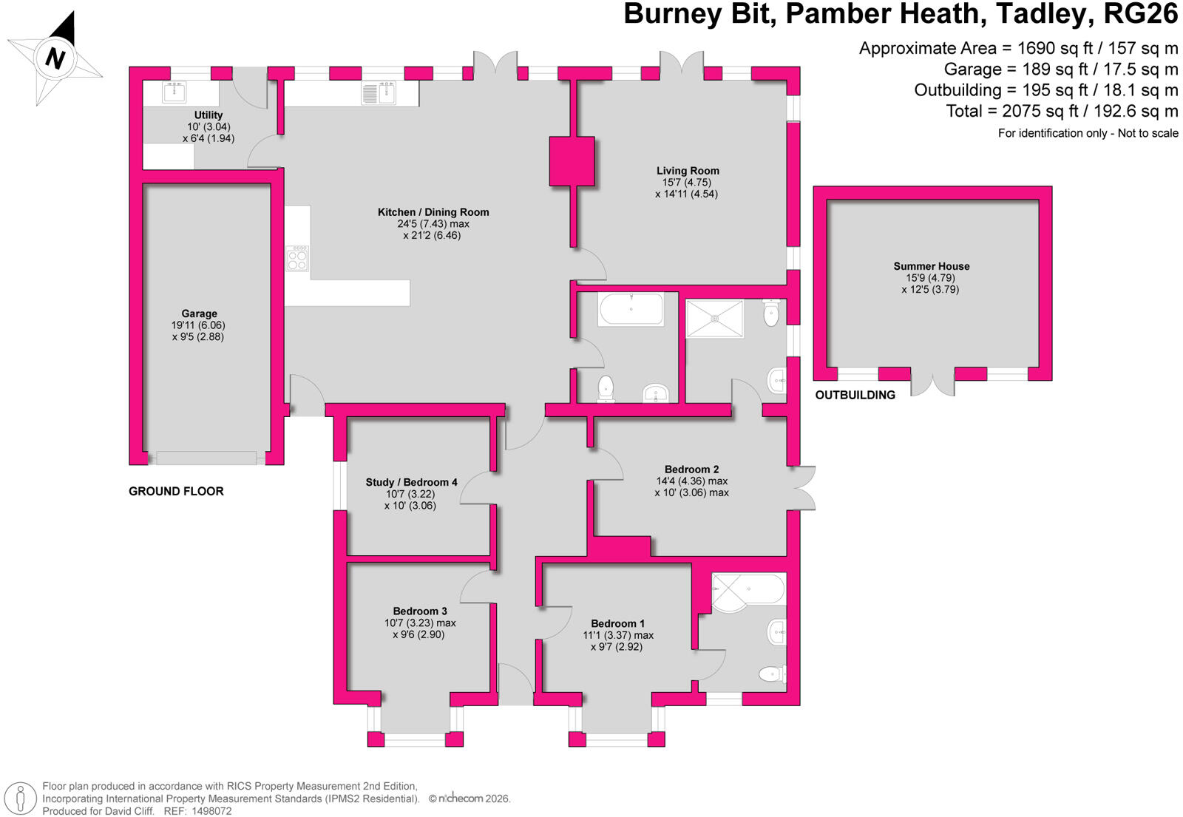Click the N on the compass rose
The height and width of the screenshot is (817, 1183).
pyautogui.click(x=55, y=58)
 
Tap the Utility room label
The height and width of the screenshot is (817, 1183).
pyautogui.click(x=208, y=115)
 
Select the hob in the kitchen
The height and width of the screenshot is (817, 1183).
pyautogui.click(x=297, y=258)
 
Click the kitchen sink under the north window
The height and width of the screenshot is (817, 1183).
pyautogui.click(x=379, y=93)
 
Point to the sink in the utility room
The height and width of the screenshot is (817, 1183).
pyautogui.click(x=174, y=92)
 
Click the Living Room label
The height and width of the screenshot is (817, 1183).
pyautogui.click(x=688, y=171)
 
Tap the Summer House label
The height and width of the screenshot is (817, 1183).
pyautogui.click(x=931, y=266)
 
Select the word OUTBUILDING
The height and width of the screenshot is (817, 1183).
pyautogui.click(x=855, y=395)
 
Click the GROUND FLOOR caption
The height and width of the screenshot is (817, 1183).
pyautogui.click(x=176, y=491)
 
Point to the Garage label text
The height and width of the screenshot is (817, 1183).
pyautogui.click(x=199, y=313)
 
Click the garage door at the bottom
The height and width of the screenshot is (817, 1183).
pyautogui.click(x=206, y=458)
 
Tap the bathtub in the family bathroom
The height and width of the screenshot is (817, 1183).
pyautogui.click(x=631, y=309)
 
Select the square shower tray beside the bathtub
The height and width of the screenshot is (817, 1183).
pyautogui.click(x=714, y=318)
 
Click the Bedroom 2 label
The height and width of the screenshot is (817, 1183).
pyautogui.click(x=691, y=469)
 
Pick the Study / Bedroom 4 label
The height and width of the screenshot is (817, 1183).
pyautogui.click(x=411, y=482)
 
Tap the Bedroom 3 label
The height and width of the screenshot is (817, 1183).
pyautogui.click(x=420, y=611)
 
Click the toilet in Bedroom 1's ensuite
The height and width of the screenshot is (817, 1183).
pyautogui.click(x=773, y=674)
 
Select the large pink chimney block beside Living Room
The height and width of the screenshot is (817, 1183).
pyautogui.click(x=572, y=162)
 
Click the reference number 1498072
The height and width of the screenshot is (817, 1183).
pyautogui.click(x=211, y=811)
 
